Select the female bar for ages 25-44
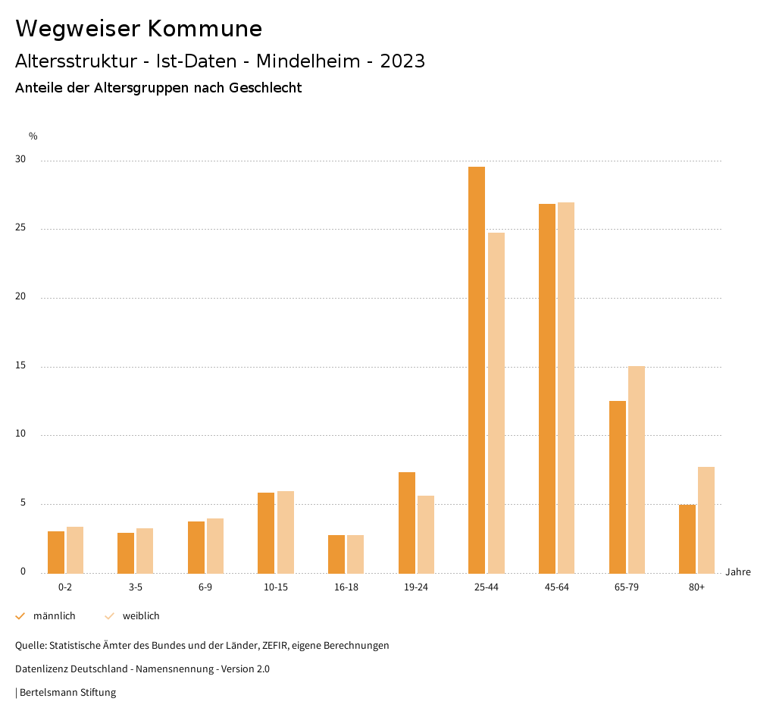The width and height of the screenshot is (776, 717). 496,402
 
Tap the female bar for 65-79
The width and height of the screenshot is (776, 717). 637,469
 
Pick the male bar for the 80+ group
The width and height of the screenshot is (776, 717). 687,538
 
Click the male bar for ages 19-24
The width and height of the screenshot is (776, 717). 407,522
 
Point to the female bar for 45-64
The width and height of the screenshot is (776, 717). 566,387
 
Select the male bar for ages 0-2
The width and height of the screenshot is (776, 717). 56,552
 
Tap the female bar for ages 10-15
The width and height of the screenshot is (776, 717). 286,532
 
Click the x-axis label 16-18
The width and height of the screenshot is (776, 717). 346,587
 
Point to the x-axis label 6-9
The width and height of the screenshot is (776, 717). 205,587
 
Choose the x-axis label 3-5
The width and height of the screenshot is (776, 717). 136,587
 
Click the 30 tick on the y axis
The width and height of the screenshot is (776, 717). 20,160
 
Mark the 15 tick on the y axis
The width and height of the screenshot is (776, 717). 20,366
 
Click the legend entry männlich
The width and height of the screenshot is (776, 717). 54,616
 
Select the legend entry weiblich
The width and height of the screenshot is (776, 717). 141,616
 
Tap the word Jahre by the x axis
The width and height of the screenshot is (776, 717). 738,571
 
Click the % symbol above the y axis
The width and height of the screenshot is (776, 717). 33,136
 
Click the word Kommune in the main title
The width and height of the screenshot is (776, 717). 205,29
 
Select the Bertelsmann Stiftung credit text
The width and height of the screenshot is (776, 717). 67,692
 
